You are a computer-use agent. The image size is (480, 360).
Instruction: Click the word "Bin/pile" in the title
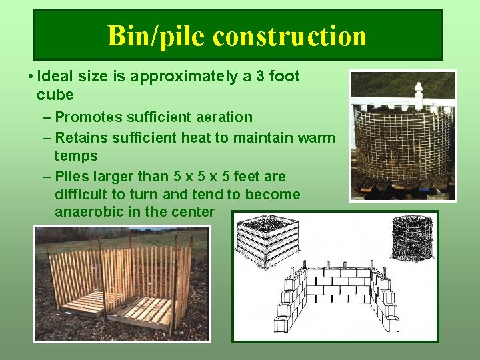(x=157, y=35)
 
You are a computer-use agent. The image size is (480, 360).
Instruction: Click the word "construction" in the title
(x=290, y=35)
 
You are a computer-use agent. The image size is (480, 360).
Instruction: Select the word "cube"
(x=55, y=95)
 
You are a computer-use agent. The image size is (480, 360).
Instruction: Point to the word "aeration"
(x=225, y=117)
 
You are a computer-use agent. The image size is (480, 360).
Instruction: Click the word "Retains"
(x=81, y=138)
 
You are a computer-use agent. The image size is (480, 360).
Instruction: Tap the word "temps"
(x=76, y=156)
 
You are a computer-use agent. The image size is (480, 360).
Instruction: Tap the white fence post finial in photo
(x=419, y=93)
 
